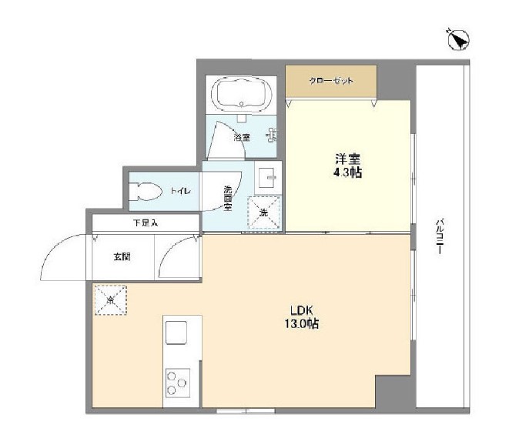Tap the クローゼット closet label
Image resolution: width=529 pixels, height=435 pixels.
coord(331,80)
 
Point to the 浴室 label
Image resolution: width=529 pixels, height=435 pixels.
coord(242,137)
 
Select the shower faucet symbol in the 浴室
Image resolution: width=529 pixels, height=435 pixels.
coord(270,136)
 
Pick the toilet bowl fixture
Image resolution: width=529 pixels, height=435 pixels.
coord(146,189)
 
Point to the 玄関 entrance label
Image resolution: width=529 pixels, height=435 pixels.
coord(122,256)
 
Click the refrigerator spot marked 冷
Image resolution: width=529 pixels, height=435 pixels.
coord(110,299)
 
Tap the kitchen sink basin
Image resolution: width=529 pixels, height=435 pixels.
coord(176,333)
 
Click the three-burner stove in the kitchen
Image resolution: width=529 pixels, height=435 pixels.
coord(177,382)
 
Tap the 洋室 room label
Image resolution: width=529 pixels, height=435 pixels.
coord(347,159)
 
